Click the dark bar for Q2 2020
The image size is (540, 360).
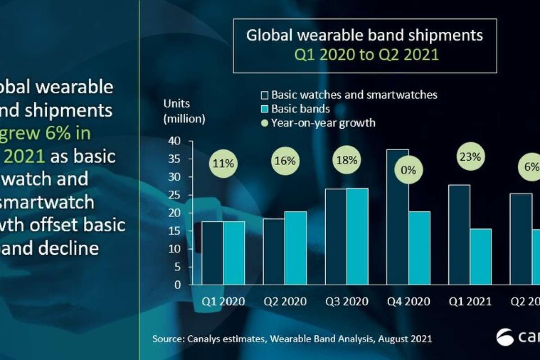pos(274,252)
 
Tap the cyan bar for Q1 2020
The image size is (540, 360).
pos(234,253)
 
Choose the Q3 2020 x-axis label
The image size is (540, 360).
pos(346,301)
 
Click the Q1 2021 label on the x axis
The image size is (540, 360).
pos(470,301)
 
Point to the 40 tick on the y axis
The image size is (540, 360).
pos(175,141)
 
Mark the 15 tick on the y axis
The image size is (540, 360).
pos(175,231)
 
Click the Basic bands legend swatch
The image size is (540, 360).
pos(264,109)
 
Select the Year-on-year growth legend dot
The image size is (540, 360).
pos(264,122)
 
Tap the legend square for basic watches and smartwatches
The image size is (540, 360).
pos(264,95)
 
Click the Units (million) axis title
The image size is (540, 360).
pos(184,111)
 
